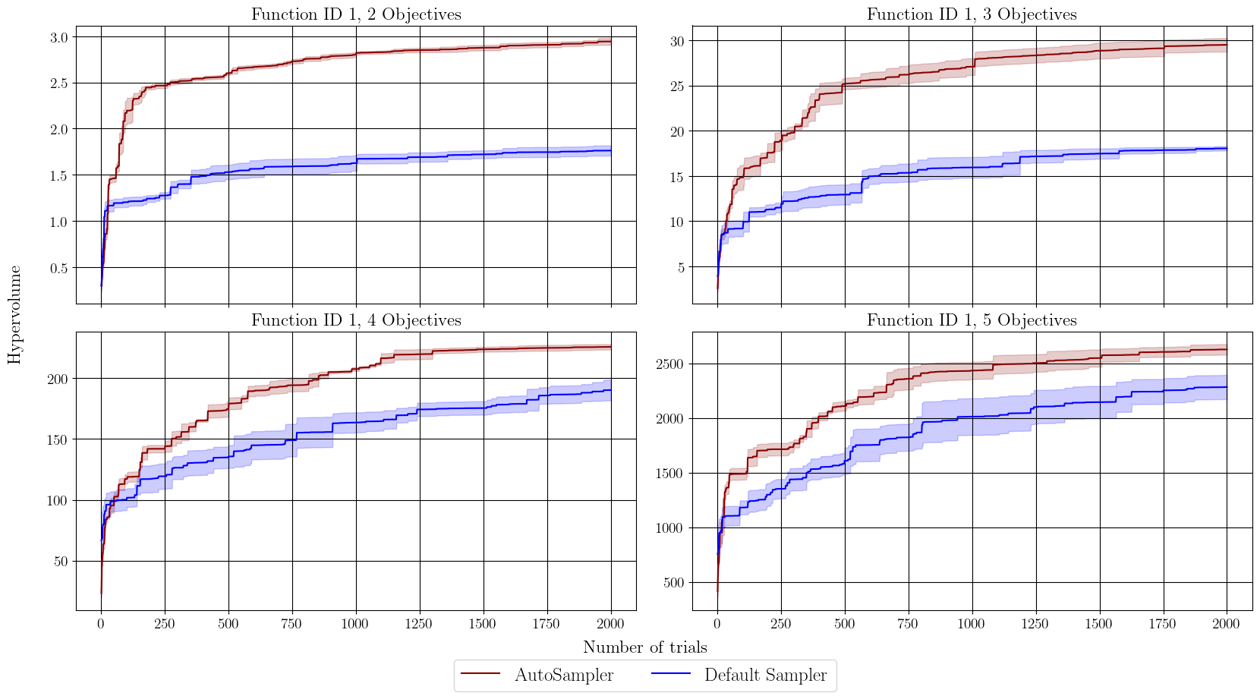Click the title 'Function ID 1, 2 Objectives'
pos(356,14)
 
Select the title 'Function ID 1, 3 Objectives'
pos(972,14)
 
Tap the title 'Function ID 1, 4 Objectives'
pos(356,320)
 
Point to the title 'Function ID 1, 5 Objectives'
pos(972,320)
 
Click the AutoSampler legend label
pos(564,675)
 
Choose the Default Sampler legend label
pos(765,675)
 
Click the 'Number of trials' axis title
pos(644,647)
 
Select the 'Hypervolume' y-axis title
pos(14,314)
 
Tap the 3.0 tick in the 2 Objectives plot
pos(60,37)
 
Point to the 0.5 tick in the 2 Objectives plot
pos(60,268)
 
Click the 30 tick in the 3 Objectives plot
pos(677,41)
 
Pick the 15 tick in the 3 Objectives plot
pos(677,177)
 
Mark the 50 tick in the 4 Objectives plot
pos(61,562)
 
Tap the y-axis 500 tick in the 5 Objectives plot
pos(673,583)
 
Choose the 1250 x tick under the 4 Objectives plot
pos(419,624)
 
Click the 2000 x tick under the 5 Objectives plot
pos(1227,624)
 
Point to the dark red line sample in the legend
pos(480,675)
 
